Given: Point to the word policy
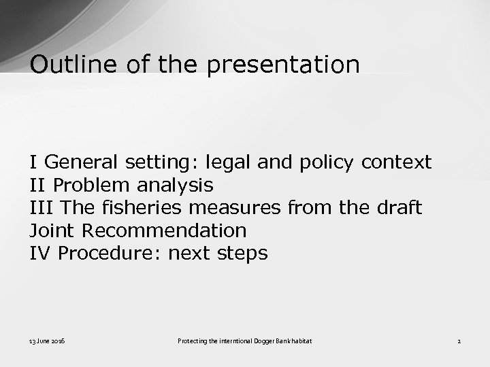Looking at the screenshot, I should (327, 162).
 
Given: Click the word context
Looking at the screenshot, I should (396, 162).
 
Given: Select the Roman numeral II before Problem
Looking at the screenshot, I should (38, 185).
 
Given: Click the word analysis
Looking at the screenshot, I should (175, 185).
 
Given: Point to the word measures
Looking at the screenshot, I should (235, 207).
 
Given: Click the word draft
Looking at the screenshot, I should (399, 207).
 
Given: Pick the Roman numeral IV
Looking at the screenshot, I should (41, 254).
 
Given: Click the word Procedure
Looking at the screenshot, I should (110, 254).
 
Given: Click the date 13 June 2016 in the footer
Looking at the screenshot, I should (47, 340).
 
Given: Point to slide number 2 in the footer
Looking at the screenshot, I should (459, 340).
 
